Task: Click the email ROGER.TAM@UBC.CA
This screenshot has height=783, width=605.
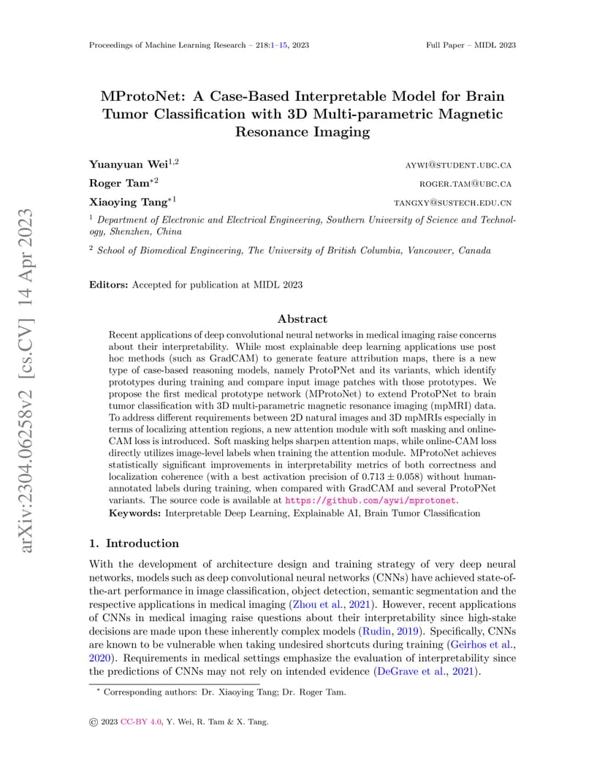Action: [465, 183]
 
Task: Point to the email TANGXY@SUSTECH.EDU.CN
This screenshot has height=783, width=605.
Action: [452, 202]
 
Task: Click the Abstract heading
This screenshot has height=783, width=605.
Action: [302, 318]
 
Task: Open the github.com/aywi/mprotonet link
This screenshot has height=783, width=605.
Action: [370, 500]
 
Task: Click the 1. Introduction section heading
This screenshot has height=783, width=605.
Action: [134, 543]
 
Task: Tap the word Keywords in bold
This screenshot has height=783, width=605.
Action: [134, 513]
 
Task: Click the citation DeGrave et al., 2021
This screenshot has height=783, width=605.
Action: [426, 673]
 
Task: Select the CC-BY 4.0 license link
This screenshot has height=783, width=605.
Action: [146, 722]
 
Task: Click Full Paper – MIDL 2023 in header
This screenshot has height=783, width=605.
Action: [471, 45]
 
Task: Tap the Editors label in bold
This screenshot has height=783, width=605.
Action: [108, 285]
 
